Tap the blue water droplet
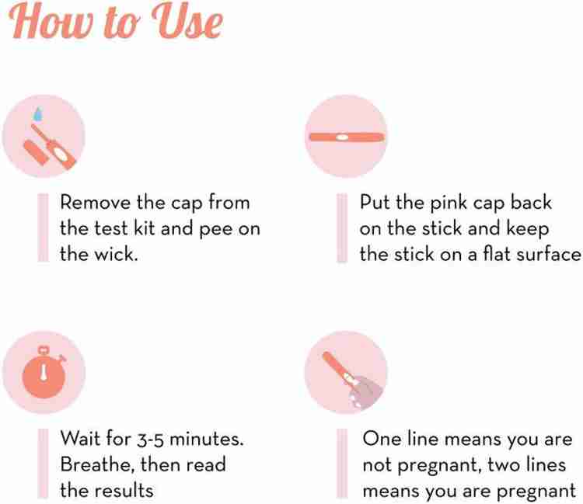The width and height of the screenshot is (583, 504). (x=37, y=113)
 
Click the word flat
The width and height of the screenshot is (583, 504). (x=491, y=254)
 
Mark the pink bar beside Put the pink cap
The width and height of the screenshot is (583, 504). (x=342, y=228)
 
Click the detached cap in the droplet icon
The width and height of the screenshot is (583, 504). (x=37, y=151)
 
